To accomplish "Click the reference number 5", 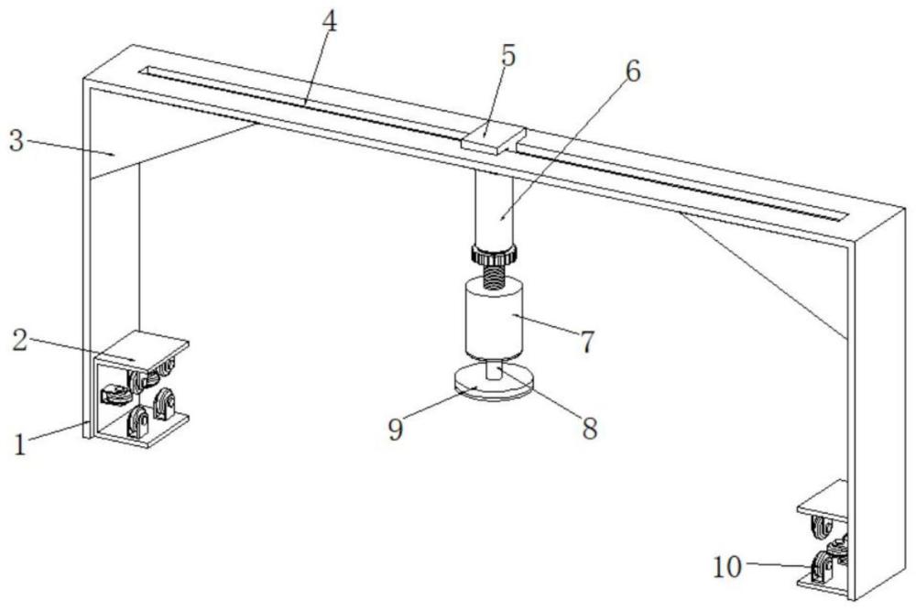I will pyautogui.click(x=507, y=55).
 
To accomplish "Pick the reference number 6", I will pyautogui.click(x=633, y=72).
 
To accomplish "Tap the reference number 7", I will pyautogui.click(x=584, y=342).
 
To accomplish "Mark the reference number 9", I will pyautogui.click(x=395, y=429).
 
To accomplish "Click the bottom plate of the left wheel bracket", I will pyautogui.click(x=147, y=431).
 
